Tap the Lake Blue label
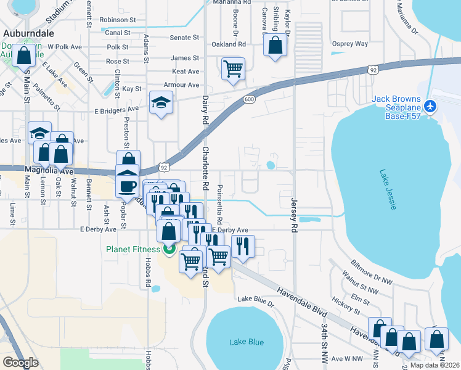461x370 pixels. point(247,342)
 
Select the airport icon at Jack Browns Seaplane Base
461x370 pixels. point(430,105)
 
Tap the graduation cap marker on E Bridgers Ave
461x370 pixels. point(161,103)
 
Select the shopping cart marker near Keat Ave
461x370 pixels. point(233,69)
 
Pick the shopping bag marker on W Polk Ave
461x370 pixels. point(23,55)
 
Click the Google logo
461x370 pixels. point(20,363)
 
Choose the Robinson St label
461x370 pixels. point(117,20)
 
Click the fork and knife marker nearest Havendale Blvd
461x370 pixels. point(243,246)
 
